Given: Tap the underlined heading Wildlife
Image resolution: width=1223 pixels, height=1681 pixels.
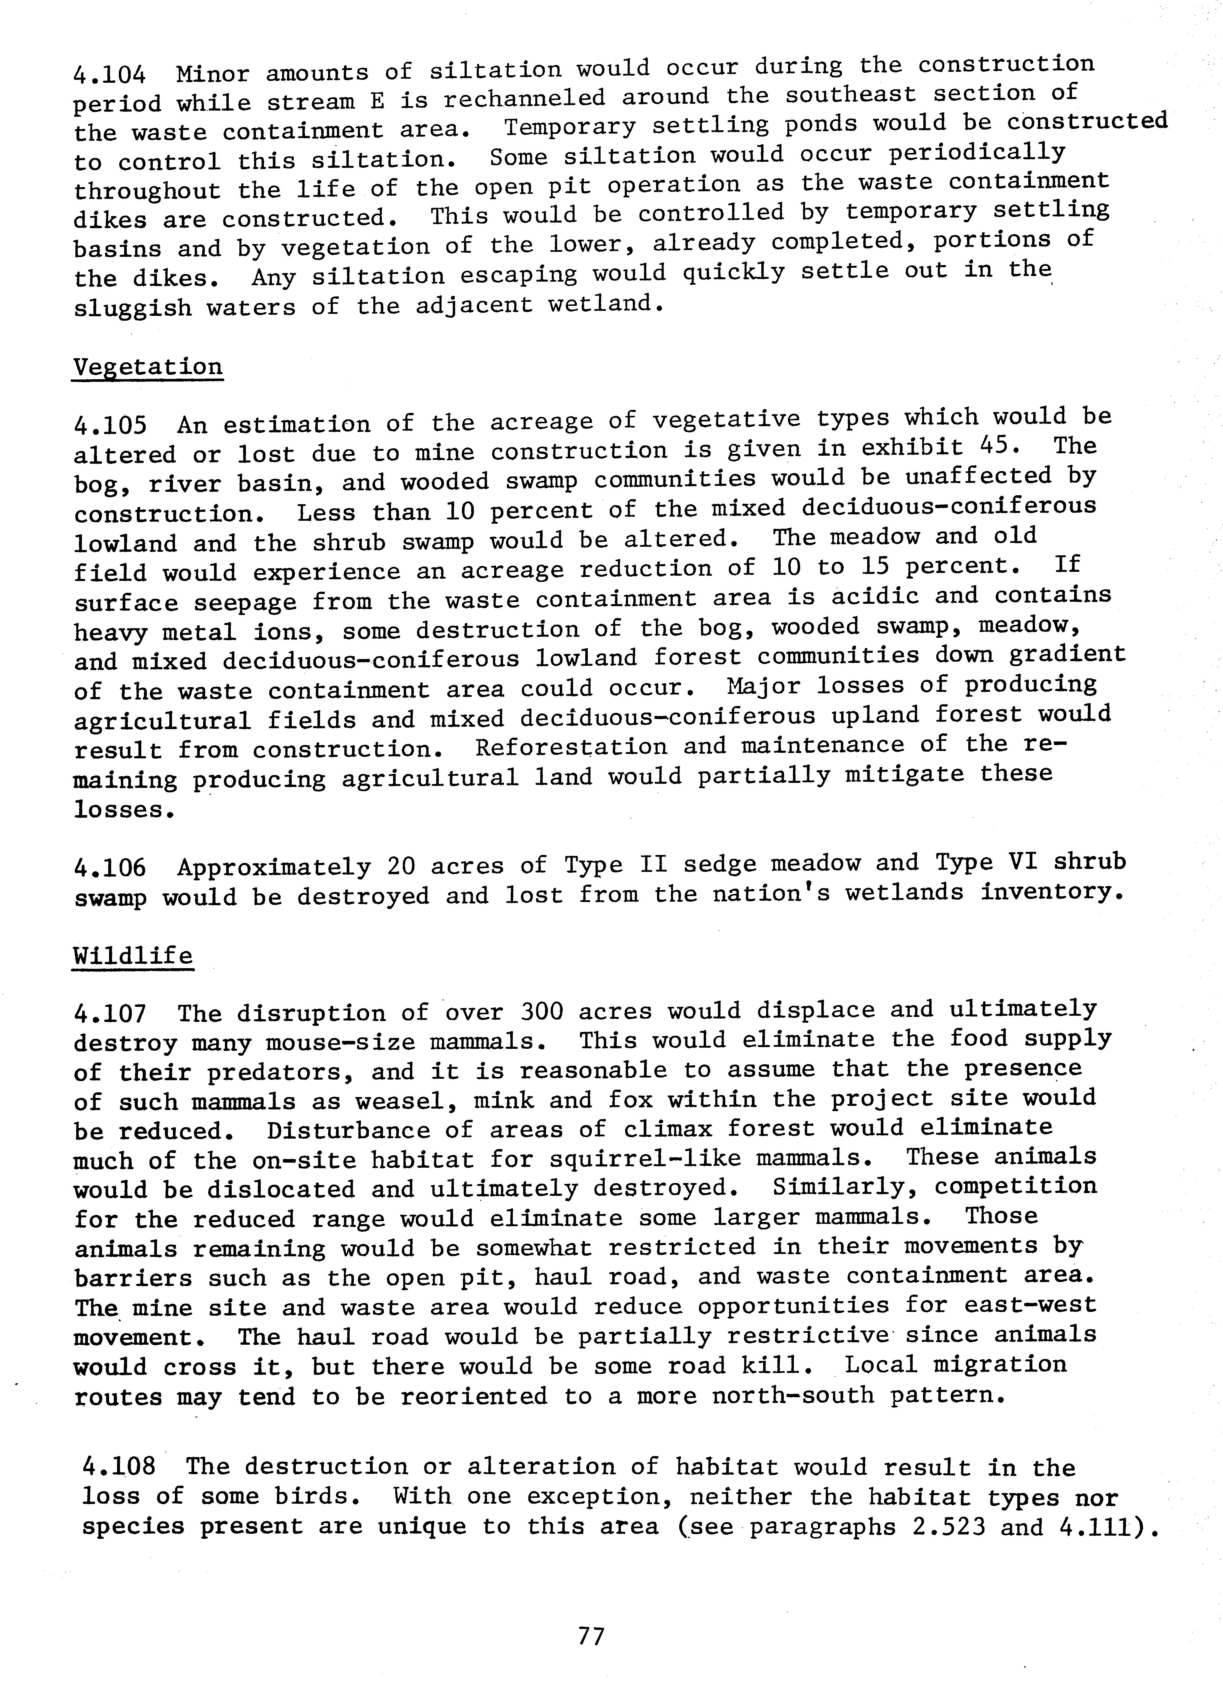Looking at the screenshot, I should (133, 956).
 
